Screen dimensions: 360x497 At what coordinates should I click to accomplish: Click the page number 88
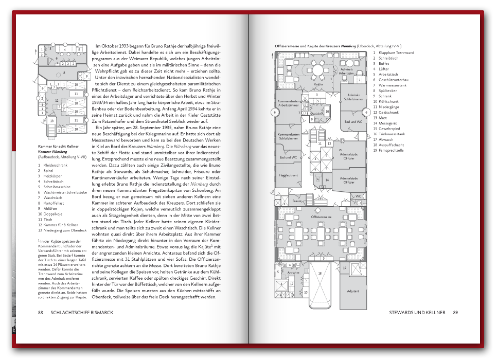point(41,312)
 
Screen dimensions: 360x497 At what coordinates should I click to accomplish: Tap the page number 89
point(455,312)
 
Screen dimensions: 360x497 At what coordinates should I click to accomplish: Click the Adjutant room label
point(353,292)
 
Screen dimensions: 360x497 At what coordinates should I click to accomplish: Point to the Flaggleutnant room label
point(288,175)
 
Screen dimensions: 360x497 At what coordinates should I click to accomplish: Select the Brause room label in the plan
point(297,201)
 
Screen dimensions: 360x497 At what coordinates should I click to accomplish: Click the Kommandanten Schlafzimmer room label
point(288,136)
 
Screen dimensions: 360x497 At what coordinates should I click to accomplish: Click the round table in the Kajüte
point(318,69)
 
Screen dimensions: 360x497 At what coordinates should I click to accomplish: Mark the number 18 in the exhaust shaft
point(319,273)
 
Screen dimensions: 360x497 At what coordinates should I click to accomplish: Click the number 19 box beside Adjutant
point(344,268)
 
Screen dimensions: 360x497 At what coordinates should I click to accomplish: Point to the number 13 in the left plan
point(51,121)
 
